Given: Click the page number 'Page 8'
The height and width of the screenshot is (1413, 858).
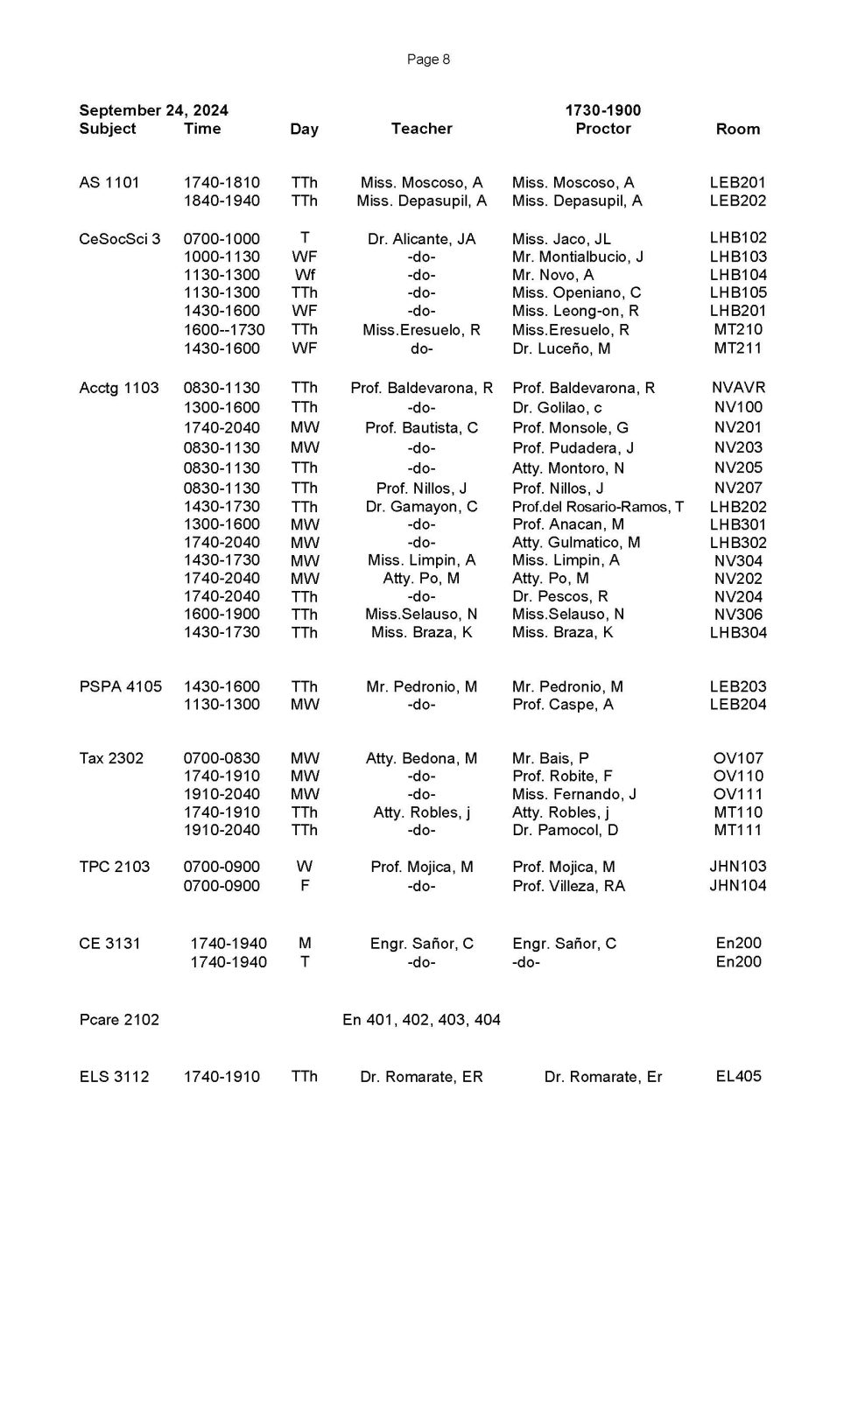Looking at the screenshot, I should (x=428, y=60).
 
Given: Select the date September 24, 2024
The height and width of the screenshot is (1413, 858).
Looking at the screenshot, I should (x=153, y=110).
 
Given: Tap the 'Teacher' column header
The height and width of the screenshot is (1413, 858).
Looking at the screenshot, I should (x=421, y=129).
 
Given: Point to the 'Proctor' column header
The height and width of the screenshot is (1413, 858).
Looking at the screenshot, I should (x=602, y=129).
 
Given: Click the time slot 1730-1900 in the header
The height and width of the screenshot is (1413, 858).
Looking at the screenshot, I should (x=602, y=110).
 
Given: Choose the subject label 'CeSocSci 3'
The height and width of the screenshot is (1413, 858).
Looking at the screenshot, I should (x=120, y=238).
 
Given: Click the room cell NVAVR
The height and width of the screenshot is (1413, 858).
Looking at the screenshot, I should (x=738, y=387).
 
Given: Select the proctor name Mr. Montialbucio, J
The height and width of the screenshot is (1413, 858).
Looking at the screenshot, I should (x=578, y=257).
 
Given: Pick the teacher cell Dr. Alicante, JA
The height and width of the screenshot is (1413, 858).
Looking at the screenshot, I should (x=421, y=238).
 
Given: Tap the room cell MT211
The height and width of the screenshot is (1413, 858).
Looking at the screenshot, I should (x=738, y=348).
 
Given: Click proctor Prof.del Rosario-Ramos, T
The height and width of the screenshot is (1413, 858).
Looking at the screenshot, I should (x=598, y=507).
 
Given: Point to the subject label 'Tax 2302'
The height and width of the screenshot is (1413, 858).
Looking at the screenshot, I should (x=111, y=758).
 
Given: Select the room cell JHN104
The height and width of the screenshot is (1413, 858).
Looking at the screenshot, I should (x=738, y=885).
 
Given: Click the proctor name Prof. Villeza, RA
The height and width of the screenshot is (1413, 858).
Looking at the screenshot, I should (x=569, y=885).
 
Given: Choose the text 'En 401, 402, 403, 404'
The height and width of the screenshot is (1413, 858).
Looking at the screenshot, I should (x=421, y=1019).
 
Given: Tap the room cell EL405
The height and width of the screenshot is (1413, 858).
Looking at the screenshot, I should (x=738, y=1076).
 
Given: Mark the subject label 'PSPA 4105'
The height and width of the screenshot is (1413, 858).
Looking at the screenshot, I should (x=120, y=686).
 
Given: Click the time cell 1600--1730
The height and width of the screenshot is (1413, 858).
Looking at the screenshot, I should (x=224, y=329).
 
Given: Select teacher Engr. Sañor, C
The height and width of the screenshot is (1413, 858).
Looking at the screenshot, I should (x=421, y=943).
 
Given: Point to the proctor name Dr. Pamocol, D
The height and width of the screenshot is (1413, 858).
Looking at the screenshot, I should (x=566, y=830).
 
